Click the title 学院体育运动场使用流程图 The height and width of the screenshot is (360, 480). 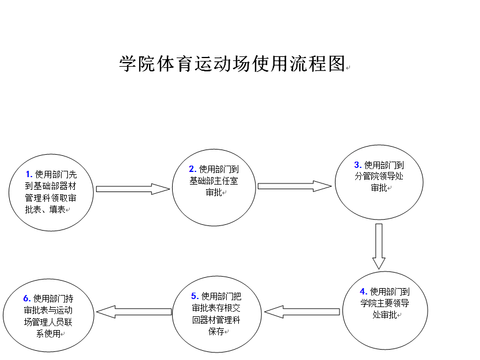233,64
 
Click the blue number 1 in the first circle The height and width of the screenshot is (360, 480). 29,174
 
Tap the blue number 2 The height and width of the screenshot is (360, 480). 193,169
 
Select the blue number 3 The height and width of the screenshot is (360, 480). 358,165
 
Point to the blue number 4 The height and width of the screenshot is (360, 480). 363,292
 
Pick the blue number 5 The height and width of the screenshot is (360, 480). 195,296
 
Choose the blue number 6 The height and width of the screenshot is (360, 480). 27,298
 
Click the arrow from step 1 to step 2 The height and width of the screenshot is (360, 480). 133,189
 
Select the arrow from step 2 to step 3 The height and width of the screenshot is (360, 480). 295,186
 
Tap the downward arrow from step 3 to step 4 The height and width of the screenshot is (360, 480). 379,246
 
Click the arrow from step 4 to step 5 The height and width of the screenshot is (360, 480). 302,312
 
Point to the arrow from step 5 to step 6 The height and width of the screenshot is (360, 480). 134,312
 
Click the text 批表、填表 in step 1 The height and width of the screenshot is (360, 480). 45,209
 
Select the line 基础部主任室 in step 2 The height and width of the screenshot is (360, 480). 214,181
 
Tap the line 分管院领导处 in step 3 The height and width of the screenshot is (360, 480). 379,176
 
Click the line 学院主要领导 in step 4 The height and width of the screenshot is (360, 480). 385,303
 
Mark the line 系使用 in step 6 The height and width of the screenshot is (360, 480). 48,334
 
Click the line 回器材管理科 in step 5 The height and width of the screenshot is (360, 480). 216,320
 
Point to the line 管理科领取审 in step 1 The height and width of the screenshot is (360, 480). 51,198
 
